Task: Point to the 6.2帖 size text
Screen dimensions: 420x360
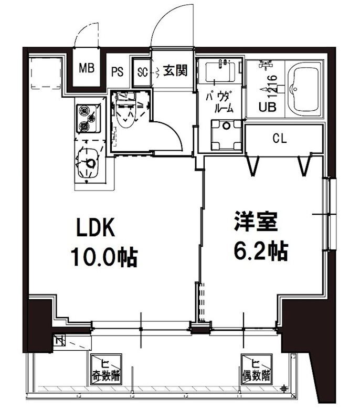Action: [x=260, y=252]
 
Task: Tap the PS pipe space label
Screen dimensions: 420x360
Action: [x=117, y=72]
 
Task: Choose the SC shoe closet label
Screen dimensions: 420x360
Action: [x=142, y=72]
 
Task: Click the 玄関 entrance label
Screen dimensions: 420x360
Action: [x=175, y=70]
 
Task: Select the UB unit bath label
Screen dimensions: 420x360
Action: [x=267, y=107]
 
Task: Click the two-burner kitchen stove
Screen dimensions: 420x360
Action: [x=84, y=119]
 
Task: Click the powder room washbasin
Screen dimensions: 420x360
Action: [x=220, y=72]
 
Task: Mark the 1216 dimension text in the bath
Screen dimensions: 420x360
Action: [x=271, y=86]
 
